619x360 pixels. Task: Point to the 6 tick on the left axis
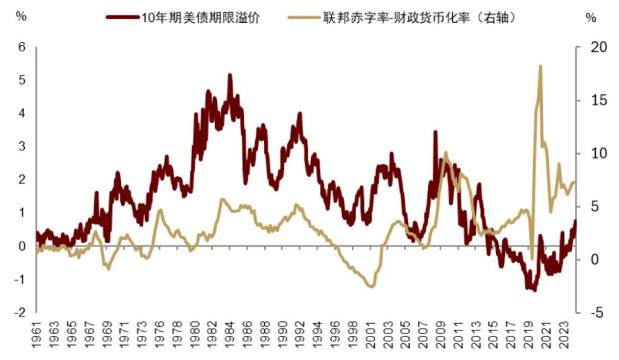pos(22,47)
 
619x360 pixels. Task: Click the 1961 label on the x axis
pos(37,338)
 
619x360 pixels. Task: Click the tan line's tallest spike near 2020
pos(540,66)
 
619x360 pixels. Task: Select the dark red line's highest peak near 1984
pos(230,75)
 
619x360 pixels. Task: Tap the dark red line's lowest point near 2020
pos(534,290)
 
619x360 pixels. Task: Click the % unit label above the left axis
pos(21,17)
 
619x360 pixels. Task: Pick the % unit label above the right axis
pos(591,17)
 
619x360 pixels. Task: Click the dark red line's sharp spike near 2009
pos(435,132)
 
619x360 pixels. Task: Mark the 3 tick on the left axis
pos(22,147)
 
